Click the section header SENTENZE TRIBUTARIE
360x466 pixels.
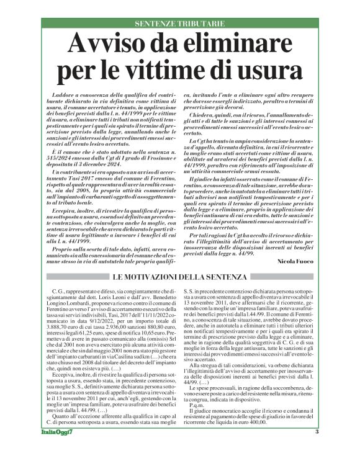[180, 24]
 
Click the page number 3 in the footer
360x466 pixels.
[317, 449]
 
